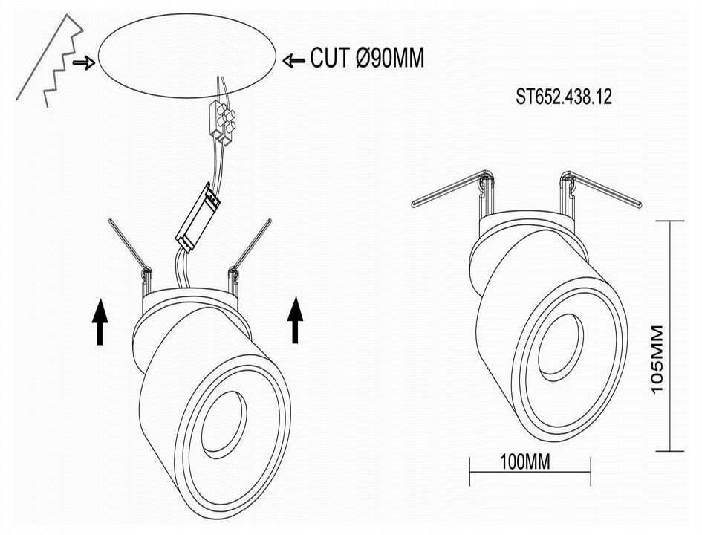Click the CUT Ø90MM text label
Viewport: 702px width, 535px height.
(x=367, y=58)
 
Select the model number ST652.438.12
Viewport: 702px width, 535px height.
(x=564, y=97)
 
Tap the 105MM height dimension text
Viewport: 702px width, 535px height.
(x=657, y=360)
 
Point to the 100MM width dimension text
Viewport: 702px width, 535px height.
(x=524, y=461)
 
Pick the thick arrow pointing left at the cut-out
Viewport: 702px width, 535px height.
(x=294, y=60)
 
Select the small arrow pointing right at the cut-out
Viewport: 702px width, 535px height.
(x=84, y=63)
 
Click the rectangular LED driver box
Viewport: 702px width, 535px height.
(x=198, y=216)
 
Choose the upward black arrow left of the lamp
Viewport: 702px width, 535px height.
(x=100, y=322)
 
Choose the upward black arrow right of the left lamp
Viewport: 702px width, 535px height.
(x=295, y=320)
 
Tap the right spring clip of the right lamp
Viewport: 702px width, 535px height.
(x=600, y=189)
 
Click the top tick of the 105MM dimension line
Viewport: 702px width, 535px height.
(x=670, y=221)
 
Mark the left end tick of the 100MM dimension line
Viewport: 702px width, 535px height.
(x=469, y=471)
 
